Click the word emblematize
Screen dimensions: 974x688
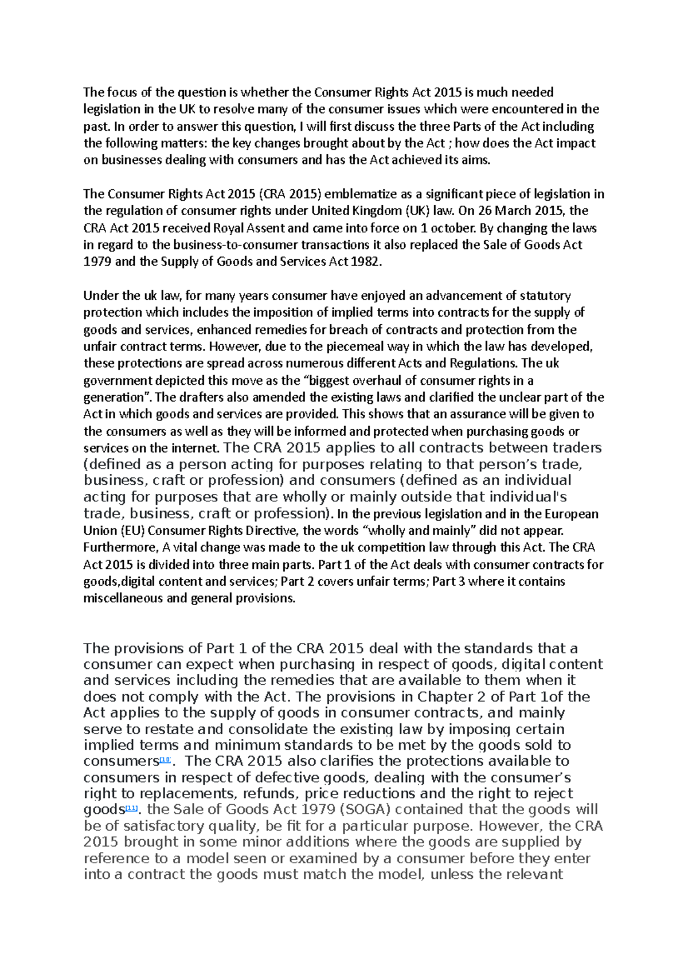tap(361, 194)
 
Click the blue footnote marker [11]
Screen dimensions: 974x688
tap(131, 809)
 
